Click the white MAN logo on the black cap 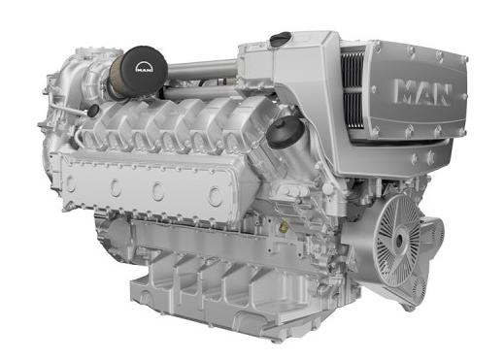145,68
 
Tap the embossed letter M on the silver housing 405,90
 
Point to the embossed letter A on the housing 424,93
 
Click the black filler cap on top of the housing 281,38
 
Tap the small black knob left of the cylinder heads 93,111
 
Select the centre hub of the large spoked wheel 399,240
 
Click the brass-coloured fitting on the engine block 284,227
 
